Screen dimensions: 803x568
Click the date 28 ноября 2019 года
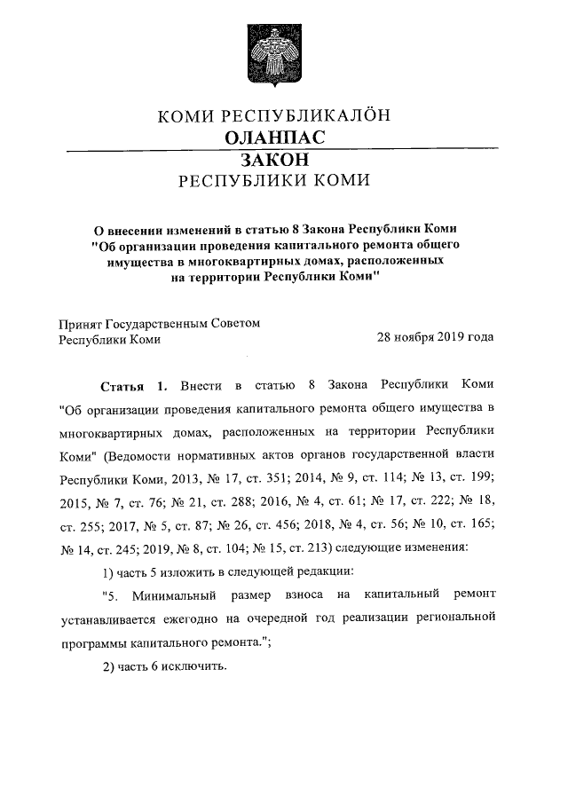[435, 338]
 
